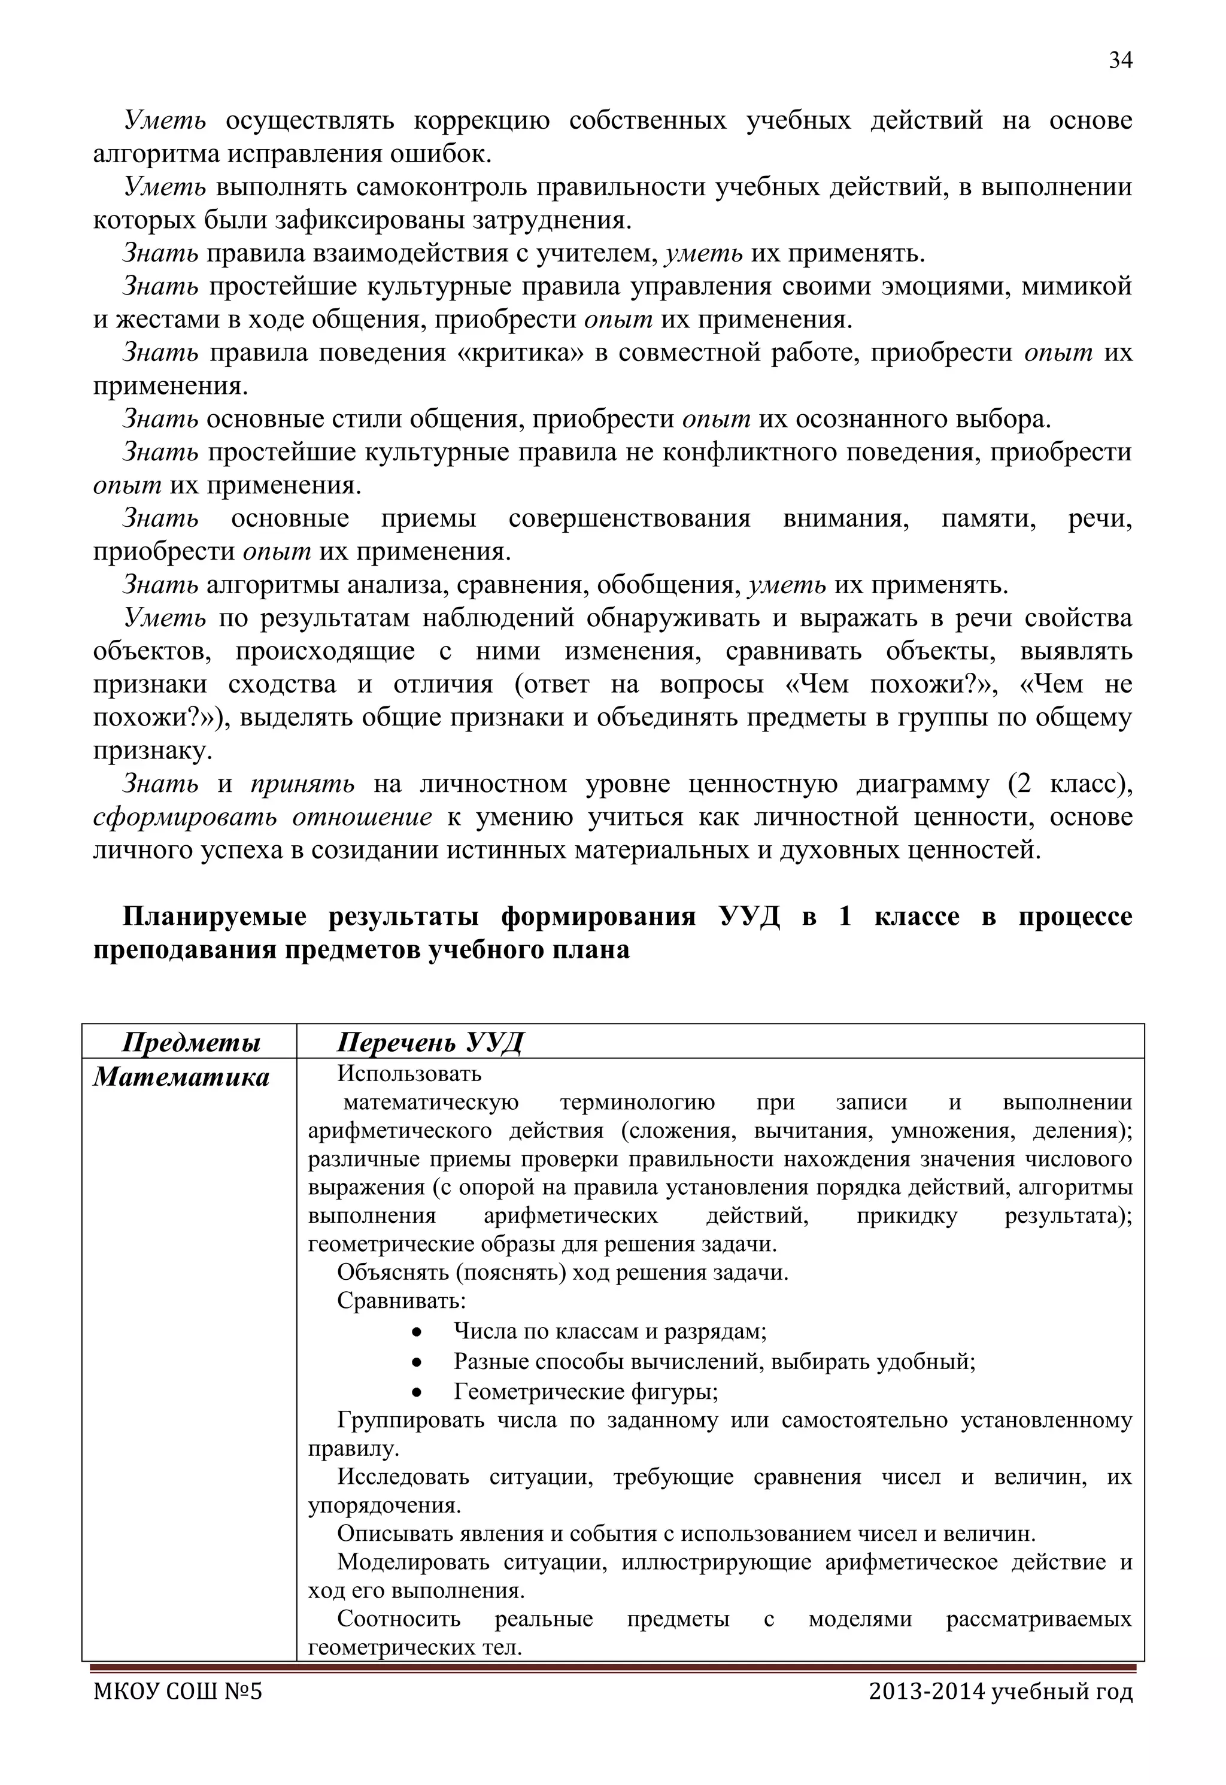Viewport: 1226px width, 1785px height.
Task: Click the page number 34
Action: [1120, 60]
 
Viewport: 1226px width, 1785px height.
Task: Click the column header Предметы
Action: [192, 1042]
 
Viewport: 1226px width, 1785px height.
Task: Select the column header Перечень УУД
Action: [429, 1042]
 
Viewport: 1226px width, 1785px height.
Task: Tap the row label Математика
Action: [181, 1077]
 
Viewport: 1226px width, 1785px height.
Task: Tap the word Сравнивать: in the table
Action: [401, 1301]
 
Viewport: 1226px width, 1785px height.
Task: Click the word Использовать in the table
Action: [409, 1073]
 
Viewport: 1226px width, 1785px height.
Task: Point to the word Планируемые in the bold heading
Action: [214, 916]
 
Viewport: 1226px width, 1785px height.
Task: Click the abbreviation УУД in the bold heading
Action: [749, 916]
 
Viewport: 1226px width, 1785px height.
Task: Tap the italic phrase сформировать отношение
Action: [262, 817]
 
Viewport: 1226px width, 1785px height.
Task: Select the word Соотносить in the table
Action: [399, 1619]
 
